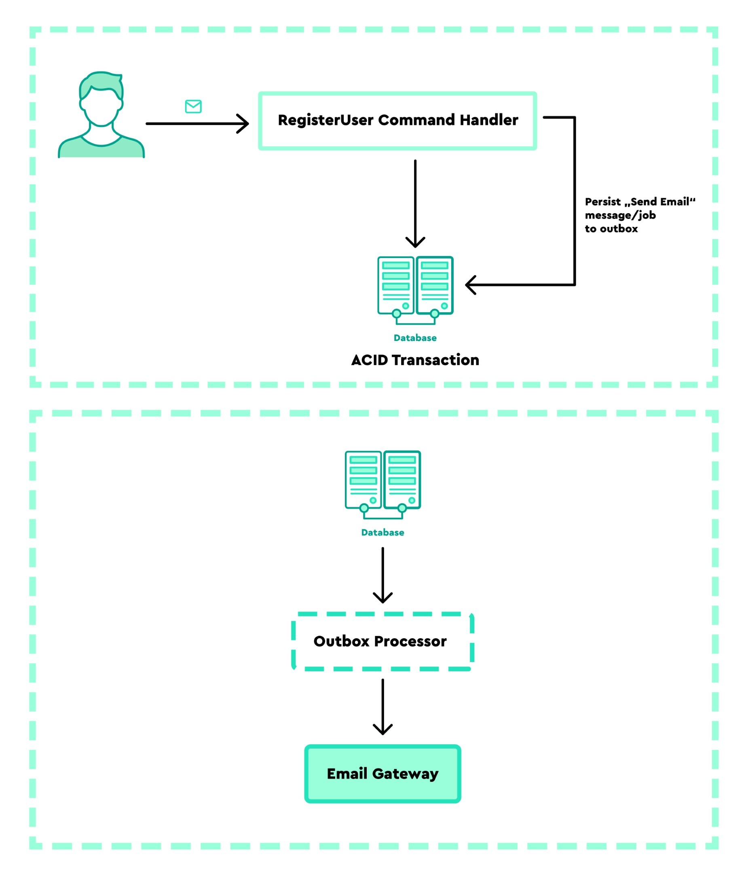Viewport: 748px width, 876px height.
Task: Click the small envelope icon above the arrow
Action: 193,106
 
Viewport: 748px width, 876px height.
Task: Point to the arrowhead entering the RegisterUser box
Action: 243,123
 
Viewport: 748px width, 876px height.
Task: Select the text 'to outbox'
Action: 611,229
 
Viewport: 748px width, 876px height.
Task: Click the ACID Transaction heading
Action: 415,360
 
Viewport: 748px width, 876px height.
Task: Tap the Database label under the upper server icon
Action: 415,338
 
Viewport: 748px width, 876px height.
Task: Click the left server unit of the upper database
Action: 395,286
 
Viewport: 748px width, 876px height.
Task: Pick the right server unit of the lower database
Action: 402,480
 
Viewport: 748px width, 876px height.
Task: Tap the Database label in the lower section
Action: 382,532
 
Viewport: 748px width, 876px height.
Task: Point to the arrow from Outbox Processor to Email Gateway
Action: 382,706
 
